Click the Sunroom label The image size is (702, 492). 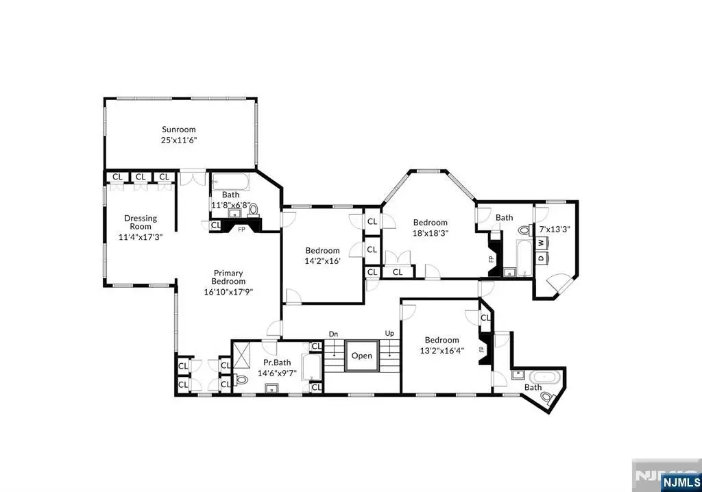click(179, 130)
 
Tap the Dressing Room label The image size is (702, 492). click(141, 222)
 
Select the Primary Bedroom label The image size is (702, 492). click(228, 277)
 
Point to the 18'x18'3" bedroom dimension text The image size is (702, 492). click(431, 233)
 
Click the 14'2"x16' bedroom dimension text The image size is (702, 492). click(322, 261)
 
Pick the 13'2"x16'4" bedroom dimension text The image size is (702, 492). click(442, 351)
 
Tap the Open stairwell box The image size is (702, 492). click(362, 356)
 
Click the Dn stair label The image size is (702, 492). click(334, 334)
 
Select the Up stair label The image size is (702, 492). click(389, 334)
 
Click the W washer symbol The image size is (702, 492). click(541, 243)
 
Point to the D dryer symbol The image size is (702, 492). click(541, 258)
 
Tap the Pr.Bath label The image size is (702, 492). click(277, 362)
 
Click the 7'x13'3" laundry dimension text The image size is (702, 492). click(554, 230)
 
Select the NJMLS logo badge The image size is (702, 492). click(681, 482)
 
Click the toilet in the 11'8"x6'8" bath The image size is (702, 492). click(254, 209)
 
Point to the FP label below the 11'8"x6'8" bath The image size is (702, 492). click(241, 230)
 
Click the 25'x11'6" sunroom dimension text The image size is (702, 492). click(179, 140)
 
